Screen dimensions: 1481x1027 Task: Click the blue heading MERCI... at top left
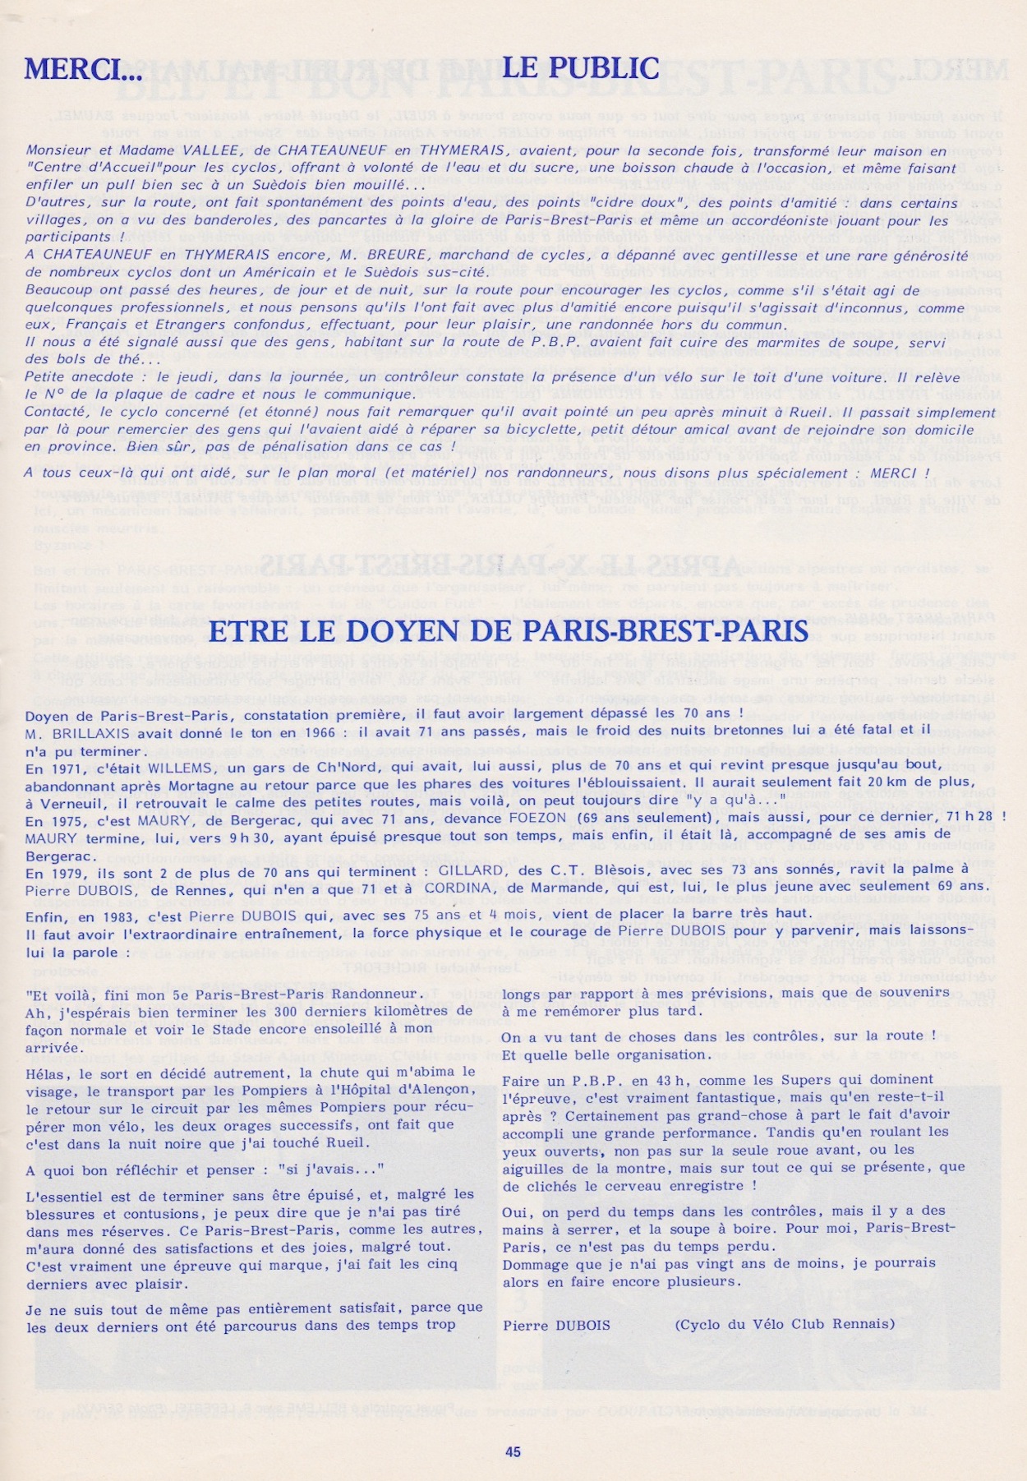(83, 69)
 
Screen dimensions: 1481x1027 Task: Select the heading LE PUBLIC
(580, 67)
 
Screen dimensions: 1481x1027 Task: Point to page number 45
(513, 1451)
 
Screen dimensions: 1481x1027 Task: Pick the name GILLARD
(467, 871)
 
